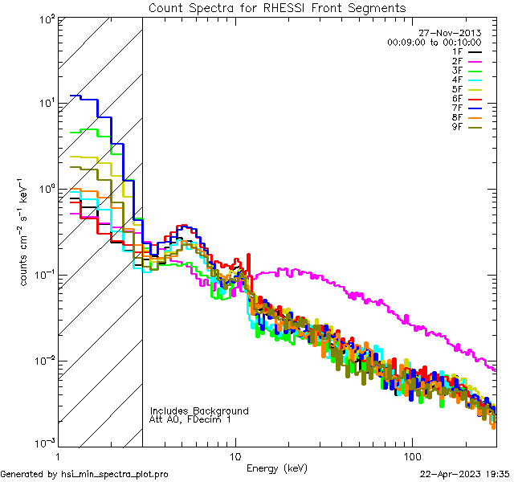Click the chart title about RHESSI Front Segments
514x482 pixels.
point(277,8)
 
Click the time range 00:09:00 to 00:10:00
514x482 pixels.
point(434,42)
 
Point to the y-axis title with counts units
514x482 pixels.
point(27,232)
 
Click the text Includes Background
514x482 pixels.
point(199,411)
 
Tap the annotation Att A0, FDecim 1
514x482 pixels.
point(190,420)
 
